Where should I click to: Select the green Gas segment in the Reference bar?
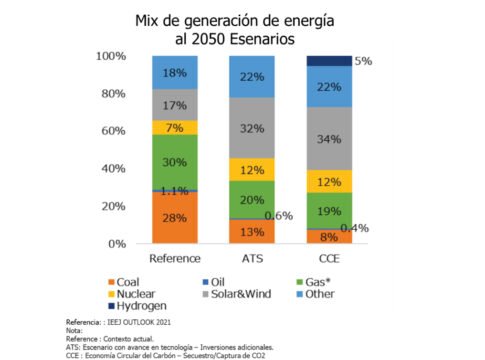[x=175, y=161]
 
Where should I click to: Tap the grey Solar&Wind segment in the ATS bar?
[x=252, y=127]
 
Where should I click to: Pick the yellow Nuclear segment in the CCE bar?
[x=330, y=182]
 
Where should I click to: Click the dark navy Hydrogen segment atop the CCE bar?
[x=330, y=61]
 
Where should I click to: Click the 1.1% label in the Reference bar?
[x=175, y=189]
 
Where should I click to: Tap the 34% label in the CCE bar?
[x=330, y=137]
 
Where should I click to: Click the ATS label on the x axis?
[x=252, y=257]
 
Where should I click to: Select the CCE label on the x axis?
[x=330, y=257]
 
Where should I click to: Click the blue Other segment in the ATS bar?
[x=252, y=76]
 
